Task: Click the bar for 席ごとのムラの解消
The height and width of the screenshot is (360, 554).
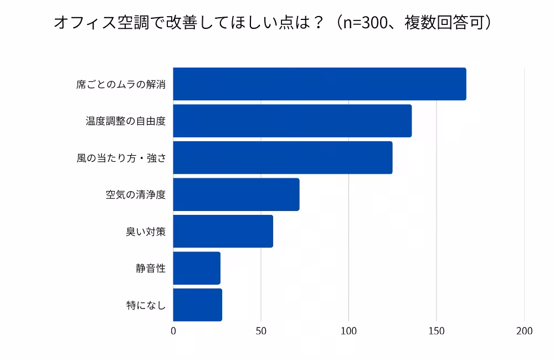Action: point(319,84)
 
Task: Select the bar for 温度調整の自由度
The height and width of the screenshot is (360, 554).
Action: point(292,121)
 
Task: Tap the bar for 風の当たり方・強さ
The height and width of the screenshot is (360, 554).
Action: point(283,158)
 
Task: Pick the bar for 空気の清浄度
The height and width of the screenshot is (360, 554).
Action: point(236,194)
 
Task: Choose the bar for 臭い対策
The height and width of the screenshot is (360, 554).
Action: point(223,232)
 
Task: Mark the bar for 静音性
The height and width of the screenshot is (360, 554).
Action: point(197,268)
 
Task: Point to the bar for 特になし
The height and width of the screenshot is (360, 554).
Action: point(197,305)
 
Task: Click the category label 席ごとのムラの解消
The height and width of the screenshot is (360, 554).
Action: point(121,85)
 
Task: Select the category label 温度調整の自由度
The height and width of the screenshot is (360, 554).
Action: point(126,121)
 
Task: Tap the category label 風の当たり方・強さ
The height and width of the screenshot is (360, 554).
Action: point(121,158)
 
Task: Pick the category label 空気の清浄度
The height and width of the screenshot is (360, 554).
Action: point(136,195)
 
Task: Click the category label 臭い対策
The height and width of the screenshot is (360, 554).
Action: point(146,232)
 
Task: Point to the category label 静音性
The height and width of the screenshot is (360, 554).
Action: point(151,269)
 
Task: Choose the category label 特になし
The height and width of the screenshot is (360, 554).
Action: point(146,305)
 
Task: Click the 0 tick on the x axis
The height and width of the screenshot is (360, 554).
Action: point(173,331)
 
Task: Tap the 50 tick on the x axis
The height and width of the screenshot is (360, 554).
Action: point(261,331)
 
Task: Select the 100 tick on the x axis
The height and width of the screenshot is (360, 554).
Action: point(349,331)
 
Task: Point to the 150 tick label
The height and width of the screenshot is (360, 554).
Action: point(437,331)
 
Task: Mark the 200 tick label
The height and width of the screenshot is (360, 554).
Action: point(524,331)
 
